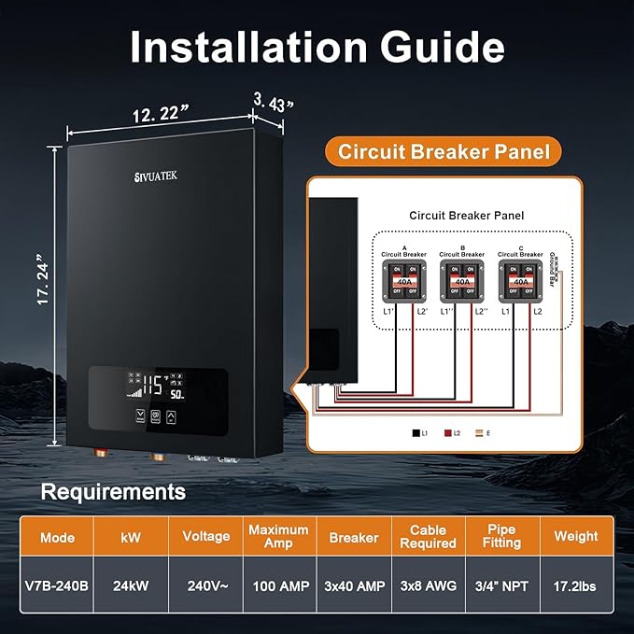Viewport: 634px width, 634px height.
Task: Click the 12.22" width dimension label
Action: point(158,113)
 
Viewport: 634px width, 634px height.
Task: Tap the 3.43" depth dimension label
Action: point(273,102)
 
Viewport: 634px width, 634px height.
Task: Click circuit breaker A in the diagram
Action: point(404,279)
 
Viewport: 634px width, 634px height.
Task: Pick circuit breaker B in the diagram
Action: point(463,279)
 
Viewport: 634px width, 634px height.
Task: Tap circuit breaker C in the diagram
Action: point(521,279)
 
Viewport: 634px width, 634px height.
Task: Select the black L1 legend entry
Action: point(416,433)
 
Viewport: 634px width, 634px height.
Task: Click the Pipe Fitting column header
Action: point(501,537)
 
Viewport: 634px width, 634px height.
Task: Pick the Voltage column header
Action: point(205,537)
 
